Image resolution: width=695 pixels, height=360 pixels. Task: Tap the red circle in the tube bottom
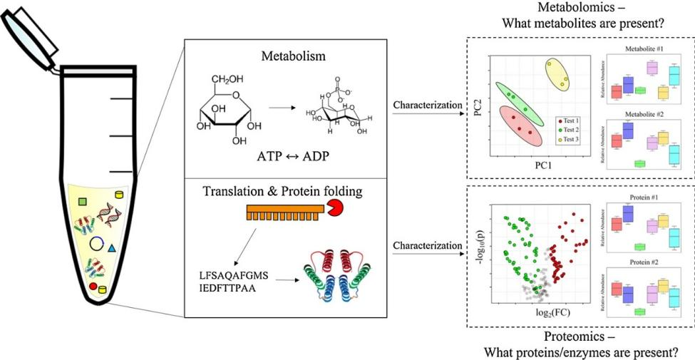pyautogui.click(x=93, y=287)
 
